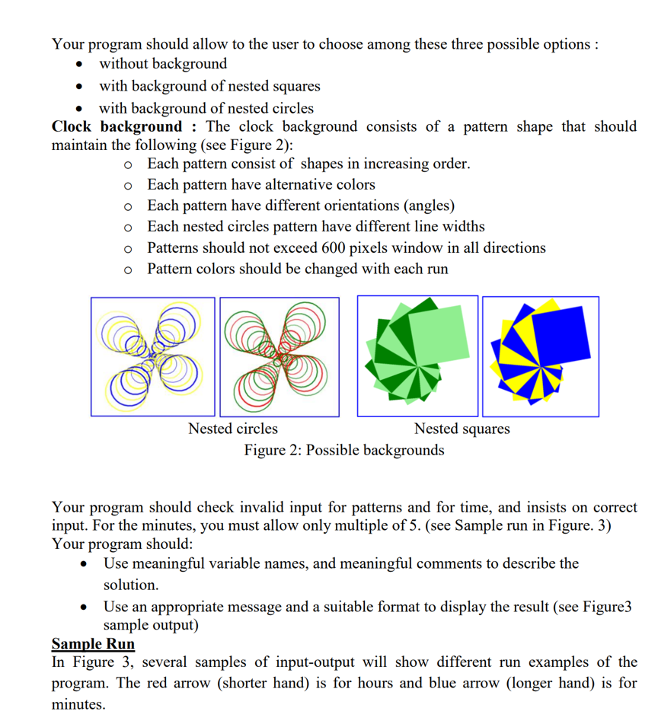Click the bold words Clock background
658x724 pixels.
coord(117,126)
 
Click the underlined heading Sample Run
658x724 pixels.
coord(93,643)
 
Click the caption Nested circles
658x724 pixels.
coord(232,429)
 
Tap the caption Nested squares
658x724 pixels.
coord(462,429)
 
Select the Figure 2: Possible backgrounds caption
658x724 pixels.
coord(344,450)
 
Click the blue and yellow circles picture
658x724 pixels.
coord(153,356)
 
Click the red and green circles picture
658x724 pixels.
coord(279,356)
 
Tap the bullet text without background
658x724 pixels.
coord(163,64)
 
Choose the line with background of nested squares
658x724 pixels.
coord(209,86)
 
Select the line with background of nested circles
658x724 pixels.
coord(206,108)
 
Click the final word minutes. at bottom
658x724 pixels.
coord(78,704)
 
